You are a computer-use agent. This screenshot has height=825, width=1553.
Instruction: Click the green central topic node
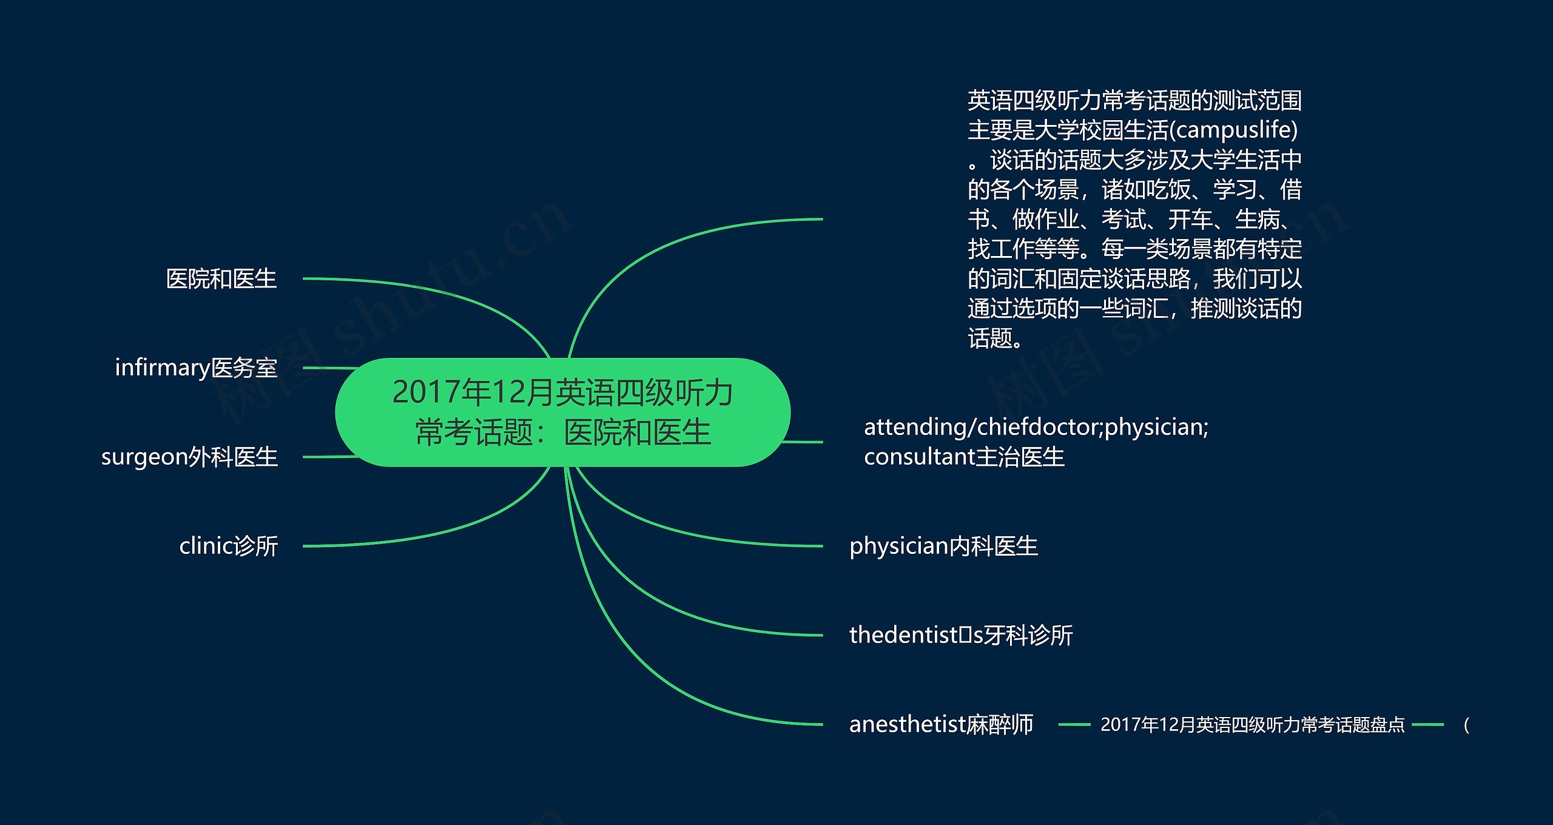[562, 412]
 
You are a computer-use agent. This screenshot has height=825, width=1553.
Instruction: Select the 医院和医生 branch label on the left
[221, 279]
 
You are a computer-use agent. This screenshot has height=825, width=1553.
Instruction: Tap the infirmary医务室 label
[196, 368]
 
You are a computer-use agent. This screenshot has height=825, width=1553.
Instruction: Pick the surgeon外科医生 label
[189, 457]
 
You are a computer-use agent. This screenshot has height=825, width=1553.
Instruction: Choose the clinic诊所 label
[228, 546]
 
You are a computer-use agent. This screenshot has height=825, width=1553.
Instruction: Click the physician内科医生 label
[943, 546]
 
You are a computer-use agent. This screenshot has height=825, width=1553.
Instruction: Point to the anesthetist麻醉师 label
[941, 724]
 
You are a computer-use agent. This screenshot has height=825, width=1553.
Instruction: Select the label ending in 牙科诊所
[961, 635]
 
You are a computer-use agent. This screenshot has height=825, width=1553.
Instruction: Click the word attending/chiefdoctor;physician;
[1036, 427]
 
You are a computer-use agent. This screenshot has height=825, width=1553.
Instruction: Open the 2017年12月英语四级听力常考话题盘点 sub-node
[1252, 724]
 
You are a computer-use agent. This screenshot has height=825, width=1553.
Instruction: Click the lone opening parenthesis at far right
[1466, 724]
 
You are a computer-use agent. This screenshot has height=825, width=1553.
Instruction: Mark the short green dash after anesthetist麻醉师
[1074, 724]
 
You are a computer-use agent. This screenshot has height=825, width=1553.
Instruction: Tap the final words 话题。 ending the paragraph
[995, 338]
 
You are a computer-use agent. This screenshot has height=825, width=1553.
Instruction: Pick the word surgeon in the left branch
[144, 457]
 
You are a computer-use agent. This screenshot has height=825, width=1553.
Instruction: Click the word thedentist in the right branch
[903, 635]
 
